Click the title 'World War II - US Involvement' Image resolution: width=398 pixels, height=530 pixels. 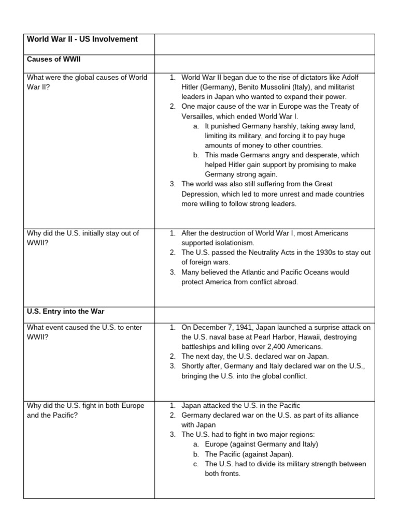click(82, 39)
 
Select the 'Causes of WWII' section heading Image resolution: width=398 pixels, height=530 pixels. click(53, 60)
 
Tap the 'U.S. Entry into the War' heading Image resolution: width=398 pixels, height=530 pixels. click(65, 312)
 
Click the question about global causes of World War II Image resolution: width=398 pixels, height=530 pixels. click(87, 82)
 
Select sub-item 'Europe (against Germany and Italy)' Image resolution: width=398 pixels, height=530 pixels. click(261, 444)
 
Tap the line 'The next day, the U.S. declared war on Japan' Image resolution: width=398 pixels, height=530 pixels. click(255, 357)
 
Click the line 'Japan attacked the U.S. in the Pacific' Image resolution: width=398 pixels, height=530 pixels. click(240, 406)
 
